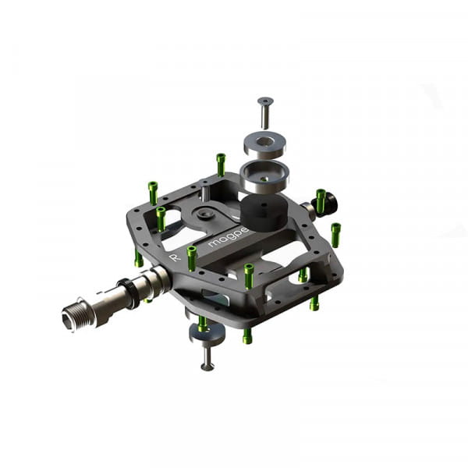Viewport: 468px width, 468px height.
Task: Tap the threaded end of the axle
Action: click(x=79, y=315)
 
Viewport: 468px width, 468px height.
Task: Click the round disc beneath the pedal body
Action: click(x=207, y=333)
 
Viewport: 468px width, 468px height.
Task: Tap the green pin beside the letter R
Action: click(x=191, y=257)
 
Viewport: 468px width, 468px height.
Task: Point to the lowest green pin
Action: click(x=247, y=335)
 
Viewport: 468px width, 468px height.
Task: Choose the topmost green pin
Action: click(x=221, y=164)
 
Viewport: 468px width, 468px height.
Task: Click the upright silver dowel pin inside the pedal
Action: click(x=204, y=190)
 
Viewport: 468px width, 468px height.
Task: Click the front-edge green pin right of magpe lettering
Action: click(x=249, y=275)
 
